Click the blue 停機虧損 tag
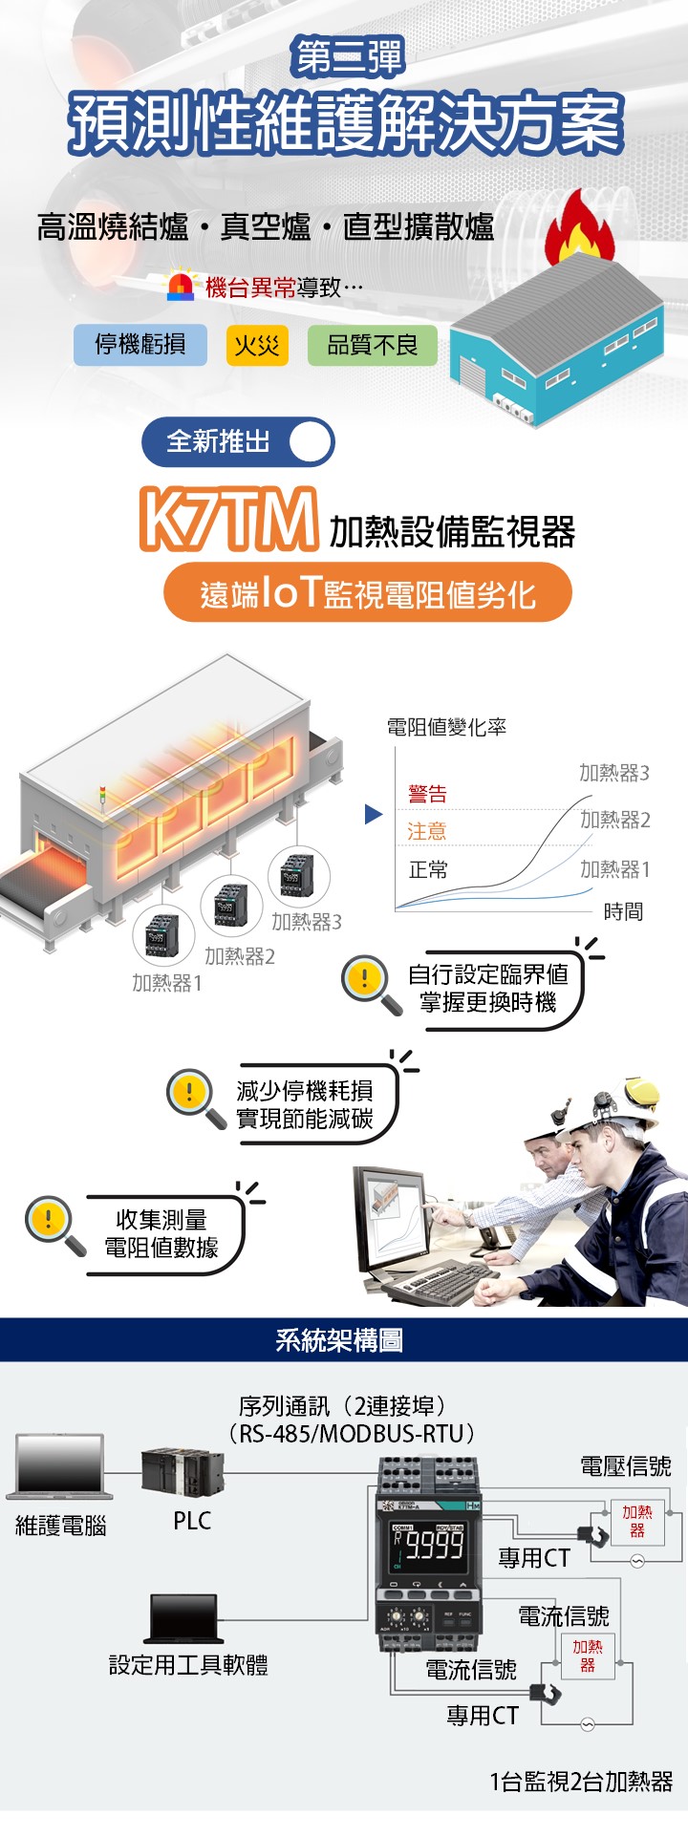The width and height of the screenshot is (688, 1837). pos(140,345)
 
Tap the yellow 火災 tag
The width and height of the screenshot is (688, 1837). pos(257,345)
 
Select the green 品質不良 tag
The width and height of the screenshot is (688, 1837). pos(372,345)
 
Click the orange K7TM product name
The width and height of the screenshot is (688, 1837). pos(227,520)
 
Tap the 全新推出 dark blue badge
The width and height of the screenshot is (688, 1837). pos(238,441)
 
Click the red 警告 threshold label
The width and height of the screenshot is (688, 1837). pos(427,793)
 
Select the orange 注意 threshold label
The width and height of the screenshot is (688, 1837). pos(427,831)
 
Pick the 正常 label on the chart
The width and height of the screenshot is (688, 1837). pos(428,869)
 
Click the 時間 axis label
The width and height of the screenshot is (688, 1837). pos(623,911)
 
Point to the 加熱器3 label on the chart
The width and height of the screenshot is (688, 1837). pos(613,773)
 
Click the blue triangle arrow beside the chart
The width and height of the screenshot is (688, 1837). pos(374,815)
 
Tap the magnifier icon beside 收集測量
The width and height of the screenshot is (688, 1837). pos(54,1226)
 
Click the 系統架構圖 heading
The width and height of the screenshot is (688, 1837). pos(339,1340)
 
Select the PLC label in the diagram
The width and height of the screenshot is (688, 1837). pos(192,1521)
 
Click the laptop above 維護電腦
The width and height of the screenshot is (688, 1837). pos(59,1468)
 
